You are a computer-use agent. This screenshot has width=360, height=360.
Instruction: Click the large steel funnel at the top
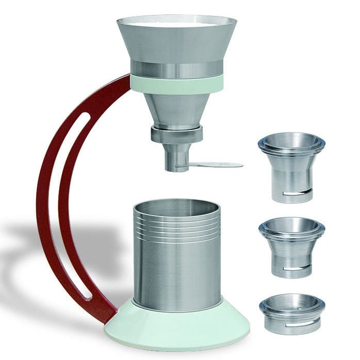[x=176, y=44]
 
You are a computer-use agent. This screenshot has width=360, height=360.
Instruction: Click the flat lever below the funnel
[x=217, y=165]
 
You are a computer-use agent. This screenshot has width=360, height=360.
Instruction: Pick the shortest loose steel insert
[x=292, y=313]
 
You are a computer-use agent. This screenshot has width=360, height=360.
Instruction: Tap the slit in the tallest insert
[x=298, y=193]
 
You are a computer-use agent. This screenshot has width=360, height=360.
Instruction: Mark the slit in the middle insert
[x=298, y=268]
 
